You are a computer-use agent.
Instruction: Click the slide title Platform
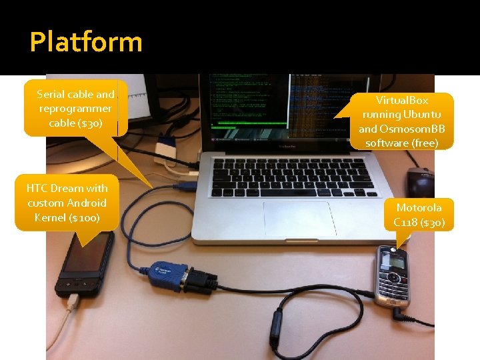[86, 42]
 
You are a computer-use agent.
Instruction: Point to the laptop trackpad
[299, 217]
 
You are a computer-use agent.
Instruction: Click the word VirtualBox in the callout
[402, 100]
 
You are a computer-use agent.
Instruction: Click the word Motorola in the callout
[419, 207]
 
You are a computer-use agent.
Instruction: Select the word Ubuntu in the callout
[421, 114]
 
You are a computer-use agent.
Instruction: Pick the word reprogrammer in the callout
[75, 109]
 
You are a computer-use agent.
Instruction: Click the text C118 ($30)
[419, 222]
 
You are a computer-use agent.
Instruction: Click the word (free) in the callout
[425, 143]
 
